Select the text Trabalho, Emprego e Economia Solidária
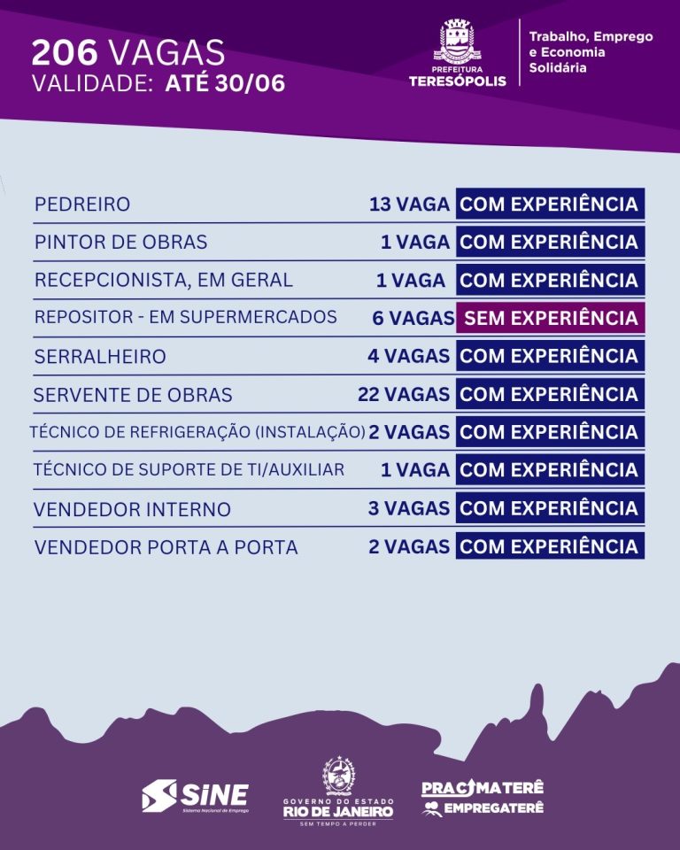[591, 51]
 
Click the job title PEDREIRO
[82, 205]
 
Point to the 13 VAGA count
[409, 205]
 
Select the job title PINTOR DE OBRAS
[120, 243]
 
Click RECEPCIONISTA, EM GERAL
[163, 281]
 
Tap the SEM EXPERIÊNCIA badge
[550, 318]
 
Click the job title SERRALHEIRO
[100, 357]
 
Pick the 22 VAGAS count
[404, 394]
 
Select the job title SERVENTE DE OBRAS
[133, 395]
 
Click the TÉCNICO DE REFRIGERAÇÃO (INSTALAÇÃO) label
[197, 432]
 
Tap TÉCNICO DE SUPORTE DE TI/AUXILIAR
[189, 470]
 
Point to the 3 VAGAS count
[409, 508]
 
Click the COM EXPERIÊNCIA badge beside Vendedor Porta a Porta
[550, 546]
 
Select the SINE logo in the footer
[195, 795]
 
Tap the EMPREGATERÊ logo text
[492, 808]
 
